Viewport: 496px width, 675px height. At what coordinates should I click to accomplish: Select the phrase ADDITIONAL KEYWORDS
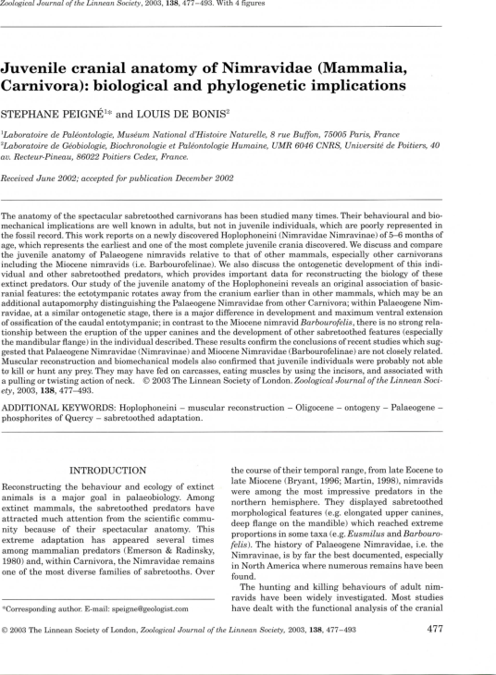59,406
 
